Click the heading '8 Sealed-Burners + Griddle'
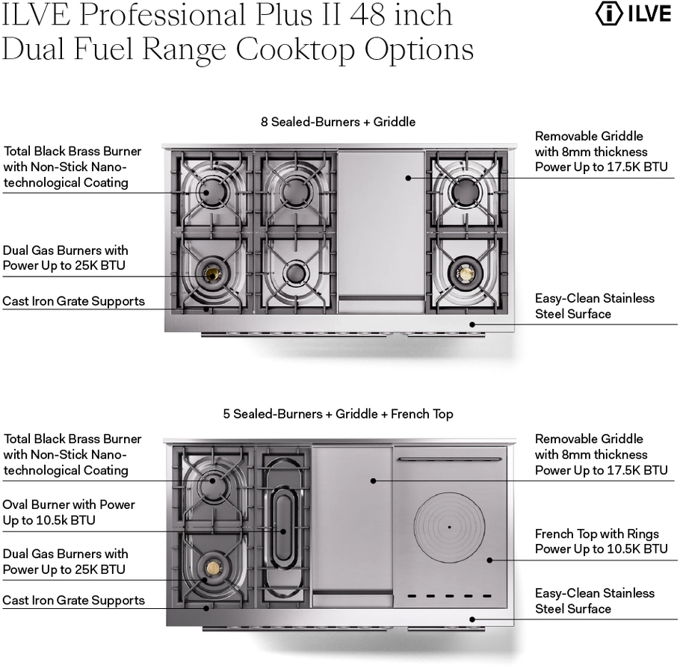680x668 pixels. pyautogui.click(x=338, y=121)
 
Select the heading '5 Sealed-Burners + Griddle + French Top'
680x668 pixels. pyautogui.click(x=338, y=413)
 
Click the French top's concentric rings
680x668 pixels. pyautogui.click(x=449, y=527)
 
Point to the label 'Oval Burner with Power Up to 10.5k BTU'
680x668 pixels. pyautogui.click(x=69, y=512)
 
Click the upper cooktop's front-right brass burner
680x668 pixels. pyautogui.click(x=465, y=274)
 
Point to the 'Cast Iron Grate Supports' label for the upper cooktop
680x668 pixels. pyautogui.click(x=73, y=302)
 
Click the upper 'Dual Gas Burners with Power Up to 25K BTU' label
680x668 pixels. pyautogui.click(x=65, y=258)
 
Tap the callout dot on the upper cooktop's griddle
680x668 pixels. pyautogui.click(x=408, y=177)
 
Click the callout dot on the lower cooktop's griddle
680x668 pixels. pyautogui.click(x=371, y=480)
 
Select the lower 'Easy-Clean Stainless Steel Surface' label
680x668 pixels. pyautogui.click(x=594, y=601)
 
